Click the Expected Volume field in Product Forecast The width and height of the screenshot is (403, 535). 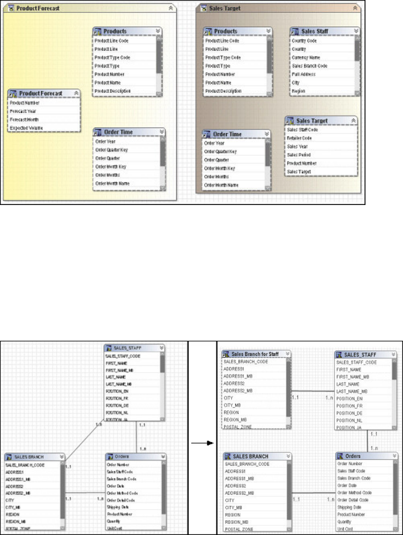click(26, 128)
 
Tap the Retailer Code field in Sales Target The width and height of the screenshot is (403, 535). click(300, 137)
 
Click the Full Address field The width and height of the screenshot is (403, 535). click(304, 74)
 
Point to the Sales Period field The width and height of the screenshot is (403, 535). click(300, 155)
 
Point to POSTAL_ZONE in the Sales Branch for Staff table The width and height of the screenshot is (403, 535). click(239, 427)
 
